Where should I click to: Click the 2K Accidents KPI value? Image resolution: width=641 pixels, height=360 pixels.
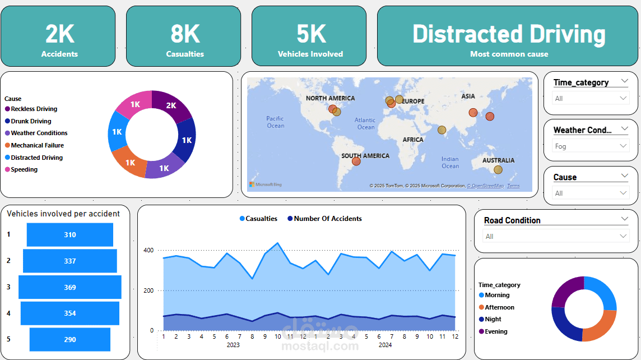[x=59, y=34]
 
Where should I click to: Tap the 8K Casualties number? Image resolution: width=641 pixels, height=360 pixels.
[x=185, y=34]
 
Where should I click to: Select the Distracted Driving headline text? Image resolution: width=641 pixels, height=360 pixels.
[x=509, y=34]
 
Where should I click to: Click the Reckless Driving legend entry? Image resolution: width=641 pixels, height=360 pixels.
[x=34, y=109]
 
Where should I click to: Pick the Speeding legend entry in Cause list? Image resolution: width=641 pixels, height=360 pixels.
[x=24, y=169]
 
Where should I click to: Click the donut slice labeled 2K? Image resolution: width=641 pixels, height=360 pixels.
[x=171, y=105]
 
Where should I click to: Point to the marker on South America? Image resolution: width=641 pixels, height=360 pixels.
[x=356, y=161]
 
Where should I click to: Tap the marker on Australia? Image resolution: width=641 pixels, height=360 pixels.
[x=498, y=170]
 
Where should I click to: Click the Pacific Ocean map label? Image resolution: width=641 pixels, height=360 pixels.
[x=275, y=122]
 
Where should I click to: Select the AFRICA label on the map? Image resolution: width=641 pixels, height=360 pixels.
[x=413, y=140]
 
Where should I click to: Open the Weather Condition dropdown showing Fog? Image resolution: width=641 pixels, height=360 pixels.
[x=591, y=146]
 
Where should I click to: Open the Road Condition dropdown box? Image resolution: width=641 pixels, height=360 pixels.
[x=556, y=236]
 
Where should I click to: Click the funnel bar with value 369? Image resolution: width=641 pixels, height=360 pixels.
[x=69, y=287]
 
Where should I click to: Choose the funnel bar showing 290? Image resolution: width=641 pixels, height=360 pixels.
[x=69, y=339]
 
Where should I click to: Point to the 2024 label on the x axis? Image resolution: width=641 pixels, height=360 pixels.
[x=385, y=345]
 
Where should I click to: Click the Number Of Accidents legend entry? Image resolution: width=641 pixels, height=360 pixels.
[x=327, y=219]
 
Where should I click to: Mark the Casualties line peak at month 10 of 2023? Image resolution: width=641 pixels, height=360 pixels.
[x=278, y=243]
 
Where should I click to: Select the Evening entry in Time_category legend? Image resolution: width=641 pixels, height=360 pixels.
[x=495, y=331]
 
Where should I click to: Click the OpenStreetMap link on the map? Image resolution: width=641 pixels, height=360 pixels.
[x=486, y=186]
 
